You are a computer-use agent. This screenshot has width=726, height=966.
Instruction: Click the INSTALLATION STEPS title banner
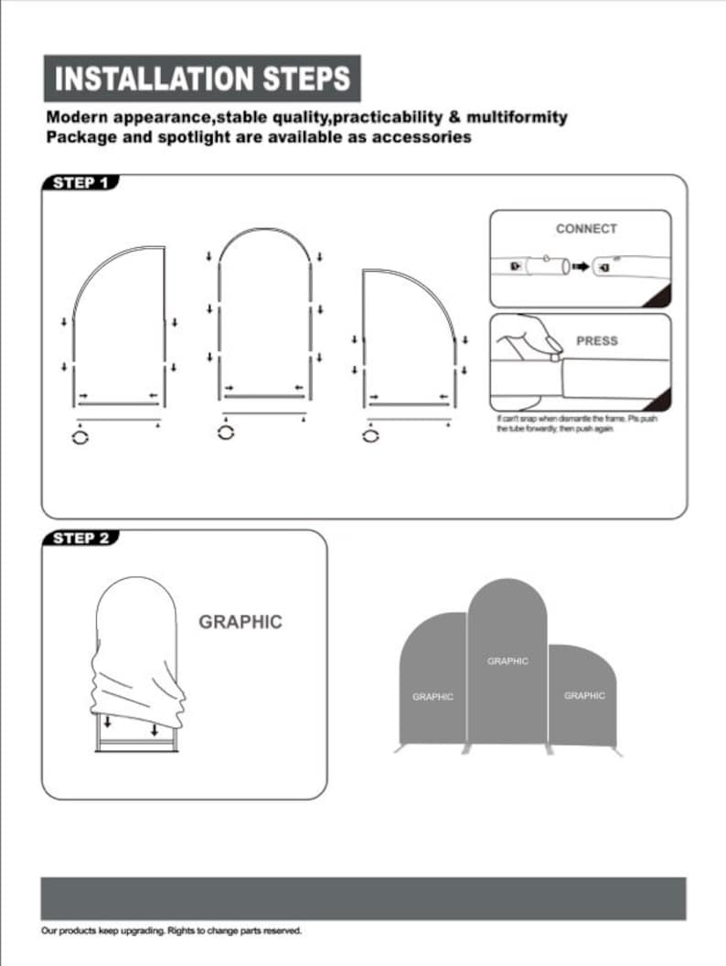click(202, 78)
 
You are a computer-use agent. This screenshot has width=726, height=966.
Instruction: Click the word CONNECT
click(586, 229)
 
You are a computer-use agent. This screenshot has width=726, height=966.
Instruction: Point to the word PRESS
click(596, 340)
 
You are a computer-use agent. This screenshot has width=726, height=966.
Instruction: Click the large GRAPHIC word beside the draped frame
click(240, 622)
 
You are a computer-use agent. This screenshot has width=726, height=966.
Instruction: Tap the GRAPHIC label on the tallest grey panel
click(507, 660)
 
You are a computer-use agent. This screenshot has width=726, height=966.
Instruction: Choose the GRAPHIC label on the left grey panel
click(432, 697)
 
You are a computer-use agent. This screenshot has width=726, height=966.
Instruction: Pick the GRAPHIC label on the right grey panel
click(584, 696)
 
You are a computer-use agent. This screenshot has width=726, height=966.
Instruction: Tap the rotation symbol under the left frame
click(81, 438)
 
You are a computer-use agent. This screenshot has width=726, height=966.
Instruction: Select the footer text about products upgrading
click(171, 931)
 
